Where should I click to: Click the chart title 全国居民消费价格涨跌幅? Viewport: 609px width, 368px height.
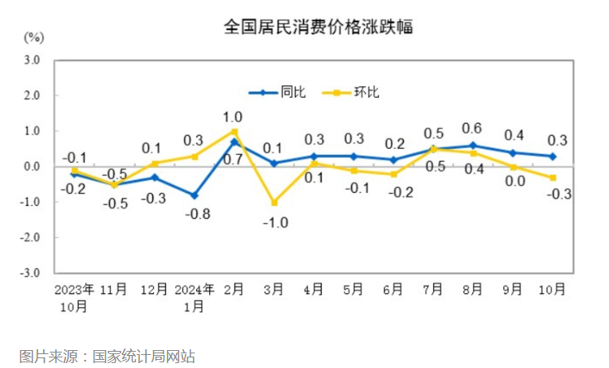(318, 27)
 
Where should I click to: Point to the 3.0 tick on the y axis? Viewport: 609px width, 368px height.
(33, 60)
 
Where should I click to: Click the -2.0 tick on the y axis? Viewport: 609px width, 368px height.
(32, 238)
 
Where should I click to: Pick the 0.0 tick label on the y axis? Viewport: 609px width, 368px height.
(33, 166)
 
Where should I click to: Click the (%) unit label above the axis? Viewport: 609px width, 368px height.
(33, 37)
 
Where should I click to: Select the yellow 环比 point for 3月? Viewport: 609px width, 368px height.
(274, 202)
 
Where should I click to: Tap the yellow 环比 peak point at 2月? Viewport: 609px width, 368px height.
(234, 131)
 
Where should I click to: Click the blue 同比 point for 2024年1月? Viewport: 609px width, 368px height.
(194, 195)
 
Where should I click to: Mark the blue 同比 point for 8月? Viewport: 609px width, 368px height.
(472, 146)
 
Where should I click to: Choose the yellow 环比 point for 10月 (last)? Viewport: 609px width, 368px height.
(552, 177)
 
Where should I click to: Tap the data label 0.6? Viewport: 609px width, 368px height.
(471, 128)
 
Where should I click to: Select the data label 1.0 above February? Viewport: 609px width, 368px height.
(233, 116)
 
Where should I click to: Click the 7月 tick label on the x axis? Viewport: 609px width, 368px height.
(432, 289)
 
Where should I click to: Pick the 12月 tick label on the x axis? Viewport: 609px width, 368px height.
(154, 289)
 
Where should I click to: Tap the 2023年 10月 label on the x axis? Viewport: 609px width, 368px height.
(74, 296)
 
